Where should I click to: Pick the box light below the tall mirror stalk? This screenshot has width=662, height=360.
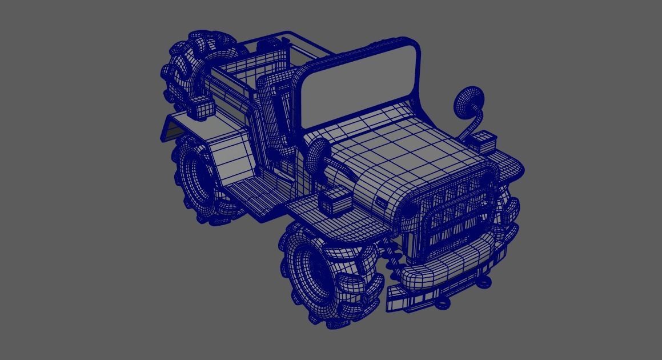tap(485, 140)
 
